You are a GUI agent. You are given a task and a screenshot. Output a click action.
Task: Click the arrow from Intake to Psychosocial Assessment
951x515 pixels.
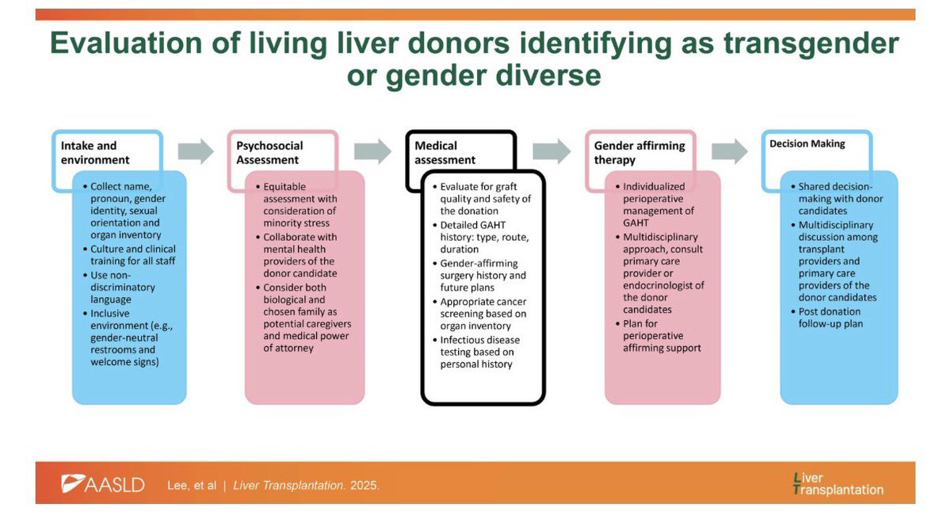pos(196,151)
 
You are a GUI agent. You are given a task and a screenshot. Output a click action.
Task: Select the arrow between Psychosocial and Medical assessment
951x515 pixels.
pos(372,151)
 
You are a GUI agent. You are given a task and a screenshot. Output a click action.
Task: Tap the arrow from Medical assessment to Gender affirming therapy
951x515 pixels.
pos(552,151)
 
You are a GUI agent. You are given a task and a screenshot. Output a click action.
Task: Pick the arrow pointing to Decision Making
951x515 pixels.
pos(729,150)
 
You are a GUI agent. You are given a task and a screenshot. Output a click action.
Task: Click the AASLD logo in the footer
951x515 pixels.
pos(103,484)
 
